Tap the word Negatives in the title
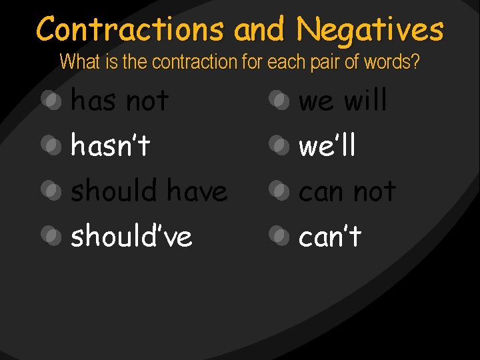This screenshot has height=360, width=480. [x=370, y=29]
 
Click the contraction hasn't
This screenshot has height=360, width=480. [x=111, y=145]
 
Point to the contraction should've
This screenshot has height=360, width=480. [x=131, y=235]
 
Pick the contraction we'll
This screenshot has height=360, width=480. [x=327, y=145]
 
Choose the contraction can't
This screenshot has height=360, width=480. [x=330, y=235]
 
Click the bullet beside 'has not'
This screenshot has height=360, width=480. [x=50, y=100]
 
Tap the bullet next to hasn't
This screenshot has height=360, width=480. [x=50, y=144]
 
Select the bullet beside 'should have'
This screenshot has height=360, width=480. [x=50, y=190]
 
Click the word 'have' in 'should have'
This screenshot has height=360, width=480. [x=197, y=191]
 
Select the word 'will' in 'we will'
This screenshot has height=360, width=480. [x=365, y=101]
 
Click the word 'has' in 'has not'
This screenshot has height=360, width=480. [x=93, y=101]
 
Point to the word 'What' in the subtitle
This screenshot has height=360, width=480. [x=75, y=62]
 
